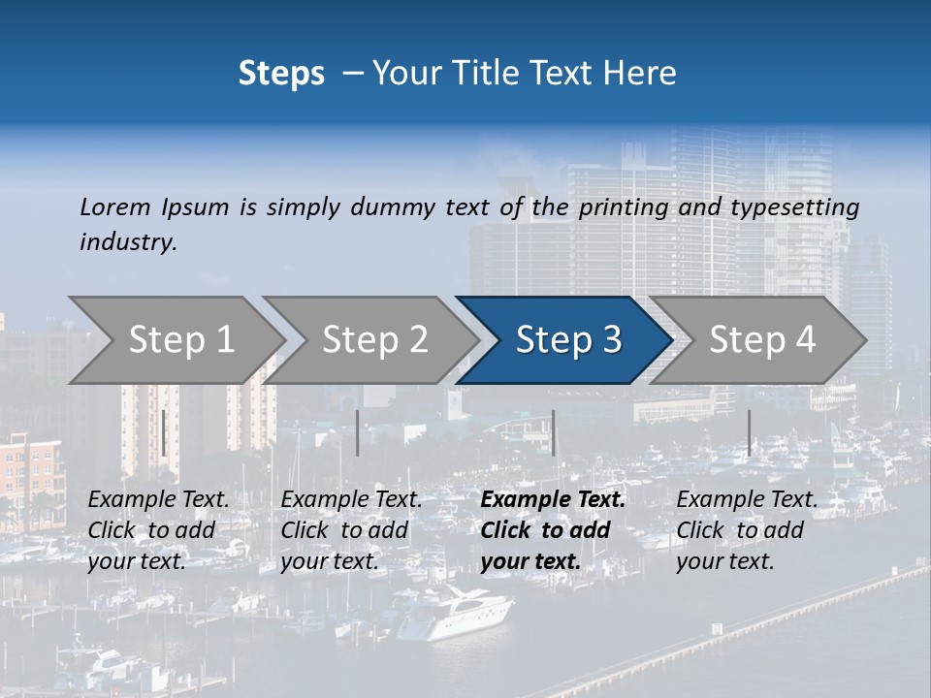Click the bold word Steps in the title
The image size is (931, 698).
click(281, 74)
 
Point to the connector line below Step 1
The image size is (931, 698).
click(164, 432)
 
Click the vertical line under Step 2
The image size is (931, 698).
click(358, 432)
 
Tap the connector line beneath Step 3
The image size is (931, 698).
click(553, 432)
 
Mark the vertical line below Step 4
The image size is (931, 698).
click(749, 432)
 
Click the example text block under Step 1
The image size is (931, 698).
click(158, 530)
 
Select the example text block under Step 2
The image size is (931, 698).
click(351, 530)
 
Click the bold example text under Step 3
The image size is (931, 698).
click(553, 530)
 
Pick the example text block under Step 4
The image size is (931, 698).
click(747, 530)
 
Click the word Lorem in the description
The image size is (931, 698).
click(115, 207)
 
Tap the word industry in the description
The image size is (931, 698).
click(128, 242)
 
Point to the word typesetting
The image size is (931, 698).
click(794, 207)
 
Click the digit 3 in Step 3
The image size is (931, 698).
click(611, 339)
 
